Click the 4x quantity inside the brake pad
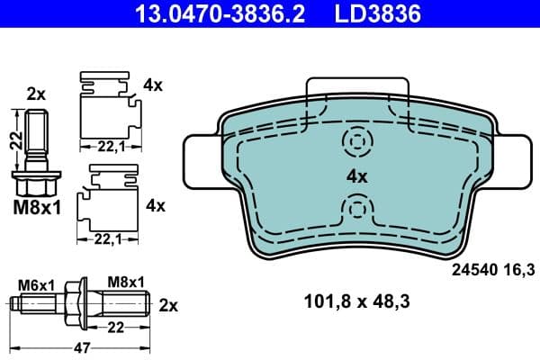coord(357,177)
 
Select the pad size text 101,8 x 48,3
coord(357,303)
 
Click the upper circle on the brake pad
coord(357,141)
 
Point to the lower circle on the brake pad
coord(357,211)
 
